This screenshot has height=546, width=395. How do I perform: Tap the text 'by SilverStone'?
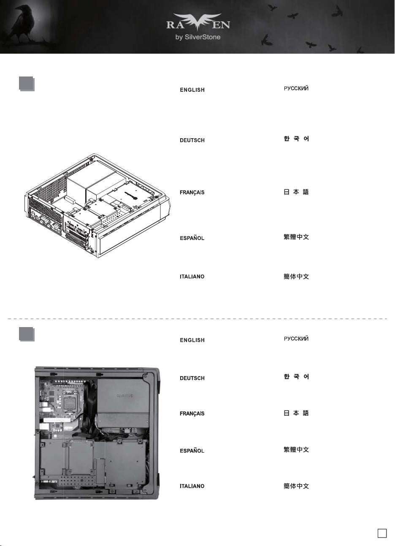198,37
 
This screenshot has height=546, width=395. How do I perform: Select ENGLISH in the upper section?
192,90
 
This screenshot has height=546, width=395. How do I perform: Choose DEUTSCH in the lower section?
192,378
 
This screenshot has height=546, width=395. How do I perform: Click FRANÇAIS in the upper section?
192,193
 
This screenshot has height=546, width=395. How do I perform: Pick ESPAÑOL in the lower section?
192,450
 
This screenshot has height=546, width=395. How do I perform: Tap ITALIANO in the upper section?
192,276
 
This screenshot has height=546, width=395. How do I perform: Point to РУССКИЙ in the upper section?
296,88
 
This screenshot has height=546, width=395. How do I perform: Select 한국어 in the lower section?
296,377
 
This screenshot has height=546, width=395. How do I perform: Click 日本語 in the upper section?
296,192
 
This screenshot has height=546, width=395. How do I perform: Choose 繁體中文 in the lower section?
296,450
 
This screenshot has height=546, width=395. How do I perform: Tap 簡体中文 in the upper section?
296,276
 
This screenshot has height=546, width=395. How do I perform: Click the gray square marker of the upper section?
27,84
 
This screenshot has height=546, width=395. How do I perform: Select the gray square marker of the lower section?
27,334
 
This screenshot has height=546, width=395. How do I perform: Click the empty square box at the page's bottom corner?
382,533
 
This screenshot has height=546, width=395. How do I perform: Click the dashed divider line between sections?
197,319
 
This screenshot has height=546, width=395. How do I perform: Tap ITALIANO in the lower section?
192,486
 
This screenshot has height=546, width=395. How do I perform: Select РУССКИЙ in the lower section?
296,339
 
